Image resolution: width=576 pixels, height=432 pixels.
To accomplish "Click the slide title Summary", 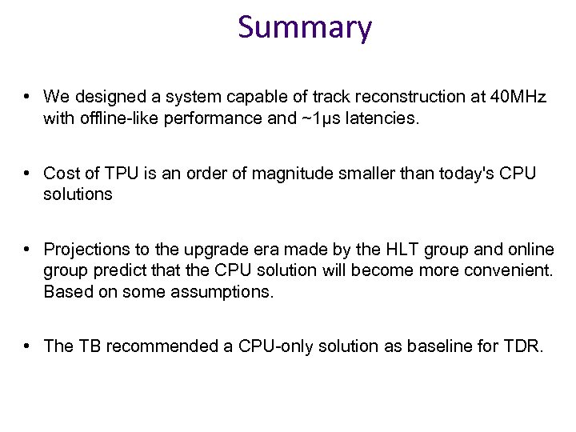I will click(305, 28).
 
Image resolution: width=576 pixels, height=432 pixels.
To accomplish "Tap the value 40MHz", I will click(519, 98).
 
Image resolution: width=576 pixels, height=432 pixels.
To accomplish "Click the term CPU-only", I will click(276, 346).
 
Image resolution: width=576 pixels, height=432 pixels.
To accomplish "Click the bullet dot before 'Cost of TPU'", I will click(27, 174).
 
